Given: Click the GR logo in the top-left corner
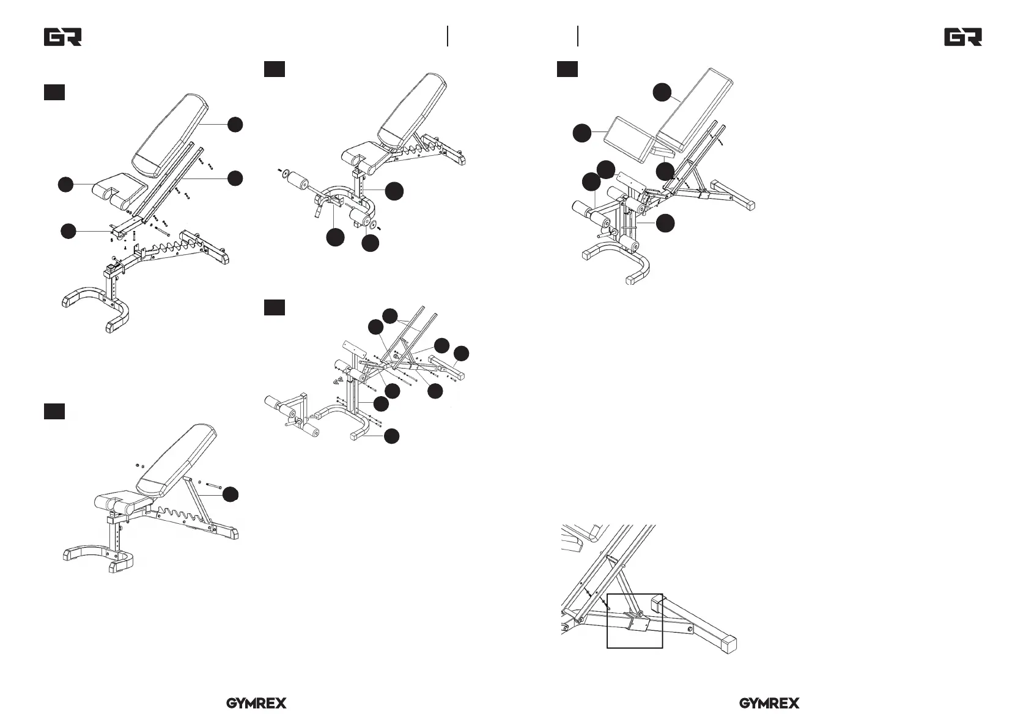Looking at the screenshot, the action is (63, 37).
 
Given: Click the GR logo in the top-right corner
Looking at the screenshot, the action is (963, 37).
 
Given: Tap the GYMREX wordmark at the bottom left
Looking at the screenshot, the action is (257, 704).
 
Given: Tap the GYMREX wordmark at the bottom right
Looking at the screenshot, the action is (769, 704).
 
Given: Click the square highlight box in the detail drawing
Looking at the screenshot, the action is (635, 621).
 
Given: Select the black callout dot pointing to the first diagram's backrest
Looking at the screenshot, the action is (235, 125).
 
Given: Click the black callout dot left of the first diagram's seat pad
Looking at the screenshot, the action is (66, 185).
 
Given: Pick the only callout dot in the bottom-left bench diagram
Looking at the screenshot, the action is (231, 495).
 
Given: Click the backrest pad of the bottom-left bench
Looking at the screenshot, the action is (176, 461).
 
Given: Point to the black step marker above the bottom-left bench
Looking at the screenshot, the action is (54, 411).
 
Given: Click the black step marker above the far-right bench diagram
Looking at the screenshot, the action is (567, 69).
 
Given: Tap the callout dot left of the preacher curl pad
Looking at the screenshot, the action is (582, 133).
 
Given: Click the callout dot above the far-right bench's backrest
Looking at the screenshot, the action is (662, 92).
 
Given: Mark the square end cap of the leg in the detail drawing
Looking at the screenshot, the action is (728, 644).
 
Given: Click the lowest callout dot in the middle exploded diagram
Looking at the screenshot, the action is (391, 436).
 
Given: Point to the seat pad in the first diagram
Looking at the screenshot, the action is (120, 190).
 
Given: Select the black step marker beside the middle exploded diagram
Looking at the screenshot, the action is (275, 307).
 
